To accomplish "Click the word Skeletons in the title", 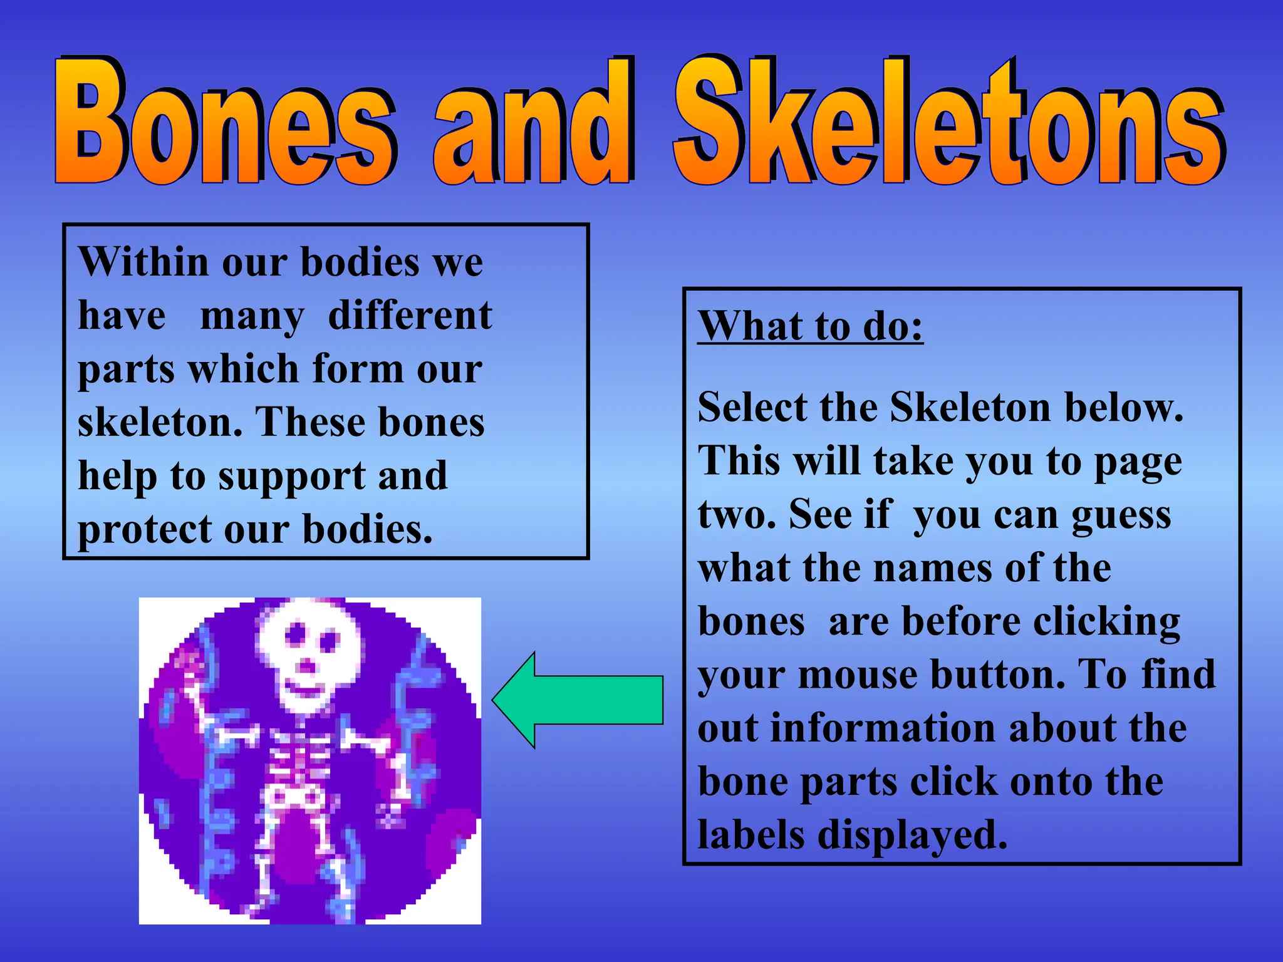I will [949, 122].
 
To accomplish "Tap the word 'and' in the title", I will [532, 125].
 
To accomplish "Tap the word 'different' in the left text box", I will [410, 316].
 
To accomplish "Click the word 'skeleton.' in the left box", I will [160, 422].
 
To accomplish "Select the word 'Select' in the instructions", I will [752, 408].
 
